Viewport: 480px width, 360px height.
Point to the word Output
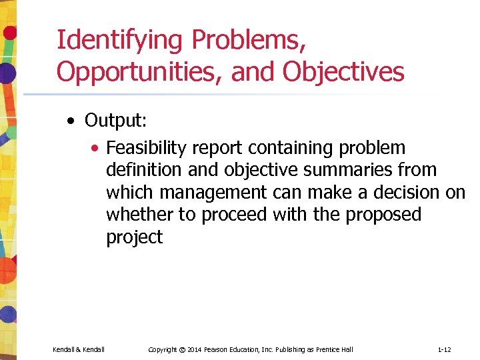click(x=115, y=121)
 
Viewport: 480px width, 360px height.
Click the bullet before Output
click(x=71, y=121)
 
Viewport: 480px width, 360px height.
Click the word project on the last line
click(x=134, y=237)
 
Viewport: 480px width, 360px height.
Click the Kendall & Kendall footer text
click(x=79, y=349)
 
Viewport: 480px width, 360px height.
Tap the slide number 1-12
click(x=444, y=349)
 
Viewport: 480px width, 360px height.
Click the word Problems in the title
click(x=249, y=40)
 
